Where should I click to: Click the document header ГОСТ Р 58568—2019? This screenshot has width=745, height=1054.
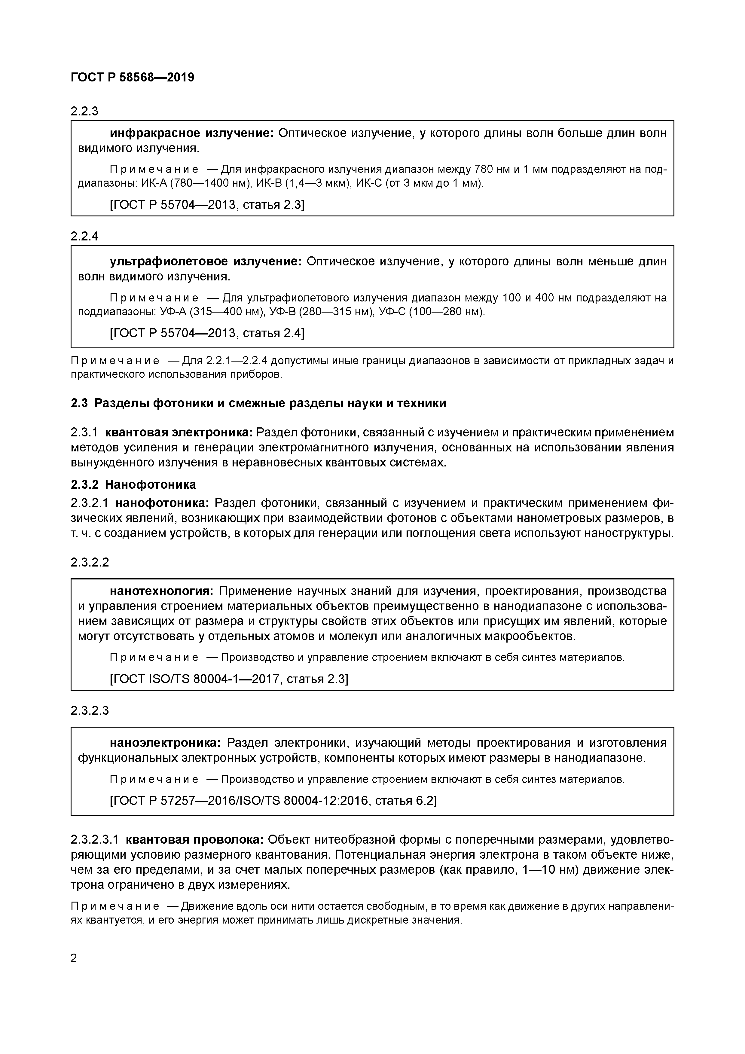132,77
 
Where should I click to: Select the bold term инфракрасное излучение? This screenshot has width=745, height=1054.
191,133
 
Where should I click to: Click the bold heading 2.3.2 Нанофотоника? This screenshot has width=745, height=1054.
133,484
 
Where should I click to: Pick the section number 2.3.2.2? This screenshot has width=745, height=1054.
90,562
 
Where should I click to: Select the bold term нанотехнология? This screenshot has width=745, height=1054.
162,591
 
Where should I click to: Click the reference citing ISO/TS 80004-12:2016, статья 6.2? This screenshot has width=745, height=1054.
273,801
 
